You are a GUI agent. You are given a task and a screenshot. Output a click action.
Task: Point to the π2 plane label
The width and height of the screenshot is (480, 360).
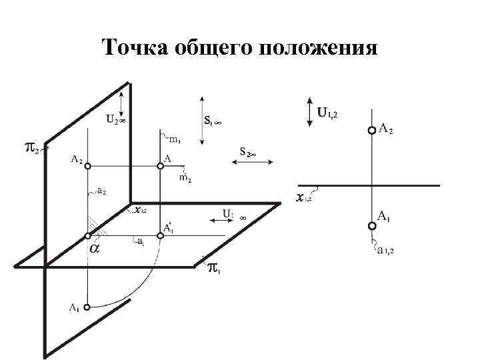[31, 147]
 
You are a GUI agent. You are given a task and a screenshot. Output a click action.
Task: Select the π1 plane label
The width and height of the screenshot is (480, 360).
[213, 269]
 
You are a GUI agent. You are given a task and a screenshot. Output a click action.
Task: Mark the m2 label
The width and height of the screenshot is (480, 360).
[186, 178]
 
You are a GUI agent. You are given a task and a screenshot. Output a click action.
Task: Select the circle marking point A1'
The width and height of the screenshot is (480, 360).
[160, 235]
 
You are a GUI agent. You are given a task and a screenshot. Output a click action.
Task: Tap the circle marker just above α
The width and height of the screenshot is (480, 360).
[88, 236]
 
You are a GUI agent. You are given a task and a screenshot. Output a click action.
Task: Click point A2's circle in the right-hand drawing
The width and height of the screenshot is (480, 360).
[371, 131]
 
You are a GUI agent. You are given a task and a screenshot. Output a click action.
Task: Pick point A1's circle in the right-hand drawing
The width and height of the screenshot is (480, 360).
[371, 225]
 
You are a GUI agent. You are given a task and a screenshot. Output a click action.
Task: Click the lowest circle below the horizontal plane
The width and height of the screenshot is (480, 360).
[88, 307]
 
